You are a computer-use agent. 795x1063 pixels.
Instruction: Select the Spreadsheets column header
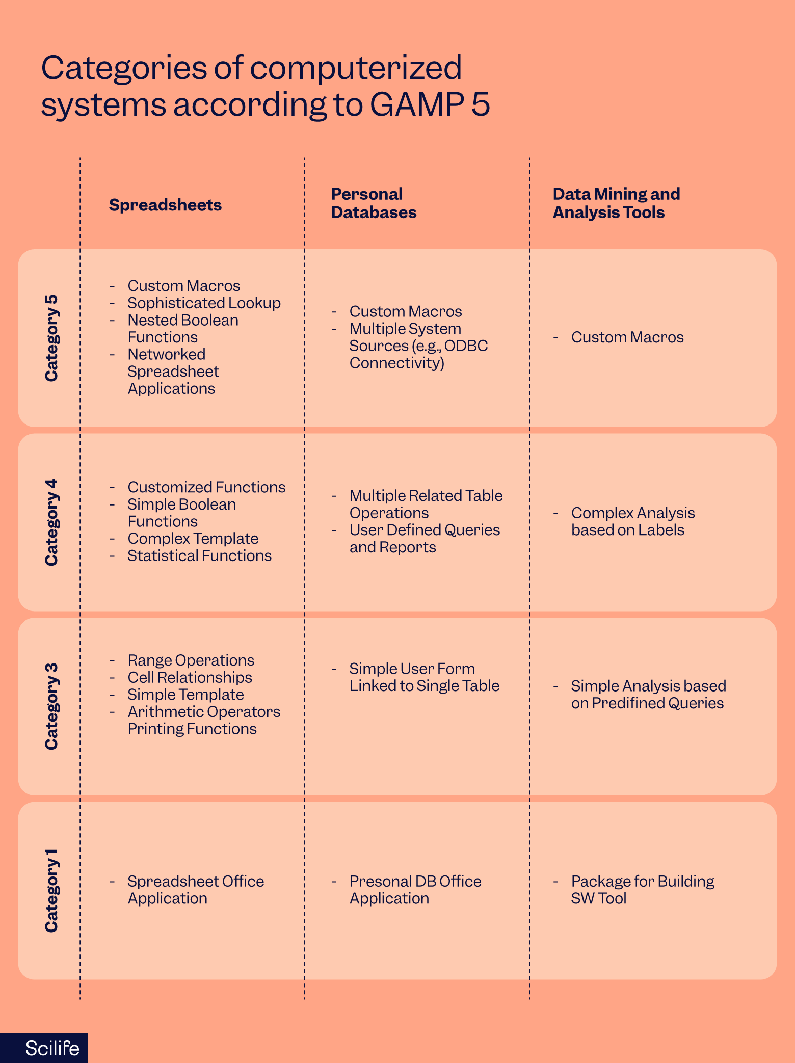click(x=165, y=205)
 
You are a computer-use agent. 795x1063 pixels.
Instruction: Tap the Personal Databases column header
click(x=374, y=203)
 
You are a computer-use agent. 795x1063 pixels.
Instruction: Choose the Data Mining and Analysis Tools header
click(x=616, y=203)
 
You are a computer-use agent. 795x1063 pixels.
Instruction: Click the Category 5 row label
click(x=51, y=338)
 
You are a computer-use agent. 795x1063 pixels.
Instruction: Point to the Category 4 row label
click(x=51, y=522)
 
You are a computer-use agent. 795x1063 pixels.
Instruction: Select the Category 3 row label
click(x=51, y=706)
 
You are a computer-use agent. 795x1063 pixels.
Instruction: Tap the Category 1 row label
click(x=51, y=890)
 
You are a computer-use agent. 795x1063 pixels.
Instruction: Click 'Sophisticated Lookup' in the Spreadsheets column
click(x=204, y=303)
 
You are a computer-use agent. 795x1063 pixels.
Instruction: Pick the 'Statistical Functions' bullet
click(x=199, y=556)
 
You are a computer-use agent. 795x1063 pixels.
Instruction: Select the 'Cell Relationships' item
click(x=190, y=678)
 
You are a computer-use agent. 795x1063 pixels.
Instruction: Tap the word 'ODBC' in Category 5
click(x=466, y=346)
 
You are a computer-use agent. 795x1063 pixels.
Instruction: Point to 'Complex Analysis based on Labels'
click(x=632, y=521)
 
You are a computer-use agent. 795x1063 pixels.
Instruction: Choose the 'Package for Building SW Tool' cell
click(x=642, y=890)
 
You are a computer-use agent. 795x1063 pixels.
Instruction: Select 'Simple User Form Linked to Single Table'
click(x=424, y=677)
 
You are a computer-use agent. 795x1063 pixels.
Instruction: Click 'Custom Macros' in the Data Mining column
click(x=627, y=337)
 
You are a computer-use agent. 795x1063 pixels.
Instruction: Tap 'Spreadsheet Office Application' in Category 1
click(x=195, y=890)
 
